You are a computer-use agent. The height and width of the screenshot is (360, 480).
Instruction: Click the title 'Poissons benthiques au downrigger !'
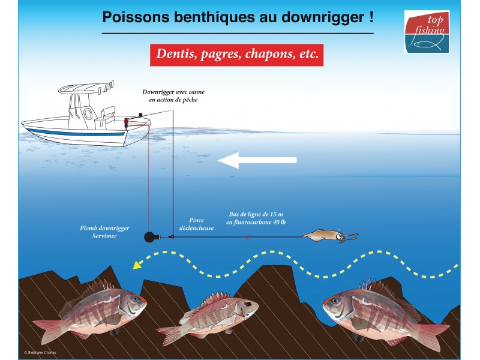[238, 16]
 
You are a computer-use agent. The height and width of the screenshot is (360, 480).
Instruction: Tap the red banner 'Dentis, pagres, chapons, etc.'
[236, 54]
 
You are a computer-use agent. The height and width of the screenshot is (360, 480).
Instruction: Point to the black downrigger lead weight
[150, 237]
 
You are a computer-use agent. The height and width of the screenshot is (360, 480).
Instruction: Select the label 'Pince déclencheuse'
[196, 224]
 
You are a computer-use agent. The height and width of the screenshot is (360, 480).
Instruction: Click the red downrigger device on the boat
[127, 122]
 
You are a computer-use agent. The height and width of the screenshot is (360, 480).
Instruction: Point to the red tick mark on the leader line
[247, 237]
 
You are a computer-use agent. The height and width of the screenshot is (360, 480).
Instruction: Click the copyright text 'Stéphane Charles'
[40, 352]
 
